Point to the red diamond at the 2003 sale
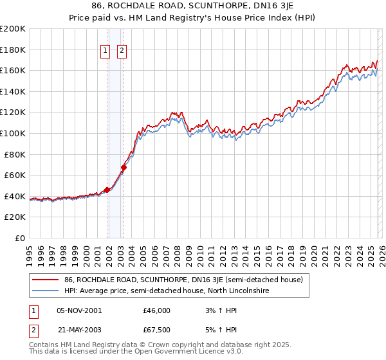[124, 168]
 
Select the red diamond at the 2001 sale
[107, 190]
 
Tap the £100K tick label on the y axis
[13, 133]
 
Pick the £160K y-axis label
[13, 70]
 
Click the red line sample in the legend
[45, 280]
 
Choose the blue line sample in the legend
[45, 291]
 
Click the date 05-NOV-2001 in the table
[79, 310]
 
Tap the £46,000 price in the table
[156, 310]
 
